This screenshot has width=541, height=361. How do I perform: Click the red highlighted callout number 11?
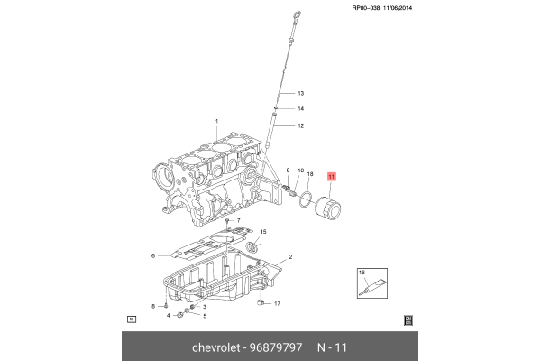pos(331,178)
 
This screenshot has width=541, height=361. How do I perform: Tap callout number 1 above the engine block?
pos(216,121)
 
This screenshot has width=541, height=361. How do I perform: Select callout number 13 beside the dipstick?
pos(301,94)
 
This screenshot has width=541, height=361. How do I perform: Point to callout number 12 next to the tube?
pos(301,125)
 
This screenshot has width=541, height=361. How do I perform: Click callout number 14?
pos(301,109)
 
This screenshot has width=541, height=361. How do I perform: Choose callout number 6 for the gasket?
pos(153,255)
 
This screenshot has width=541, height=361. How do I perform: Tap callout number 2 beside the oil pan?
pos(290,257)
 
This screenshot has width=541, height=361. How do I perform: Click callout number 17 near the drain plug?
pos(278,304)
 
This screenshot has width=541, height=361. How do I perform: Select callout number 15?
pos(263,233)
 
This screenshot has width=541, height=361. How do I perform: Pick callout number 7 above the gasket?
pos(238,221)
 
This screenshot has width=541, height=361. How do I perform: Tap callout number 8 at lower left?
pos(153,307)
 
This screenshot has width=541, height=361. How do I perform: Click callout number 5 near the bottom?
pos(205,316)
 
